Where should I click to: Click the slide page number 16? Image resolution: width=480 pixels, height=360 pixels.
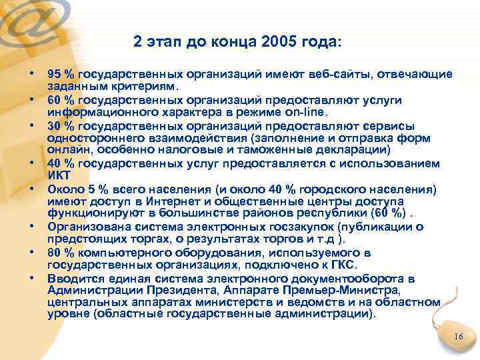[457, 337]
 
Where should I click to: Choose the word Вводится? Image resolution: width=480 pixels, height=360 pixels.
[72, 277]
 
